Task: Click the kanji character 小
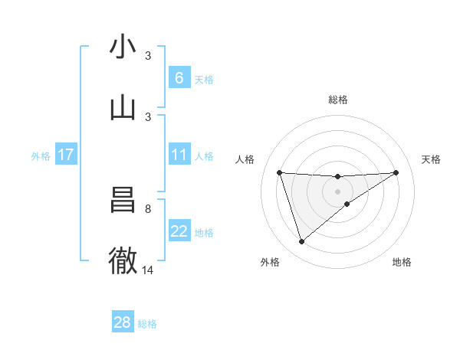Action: (123, 47)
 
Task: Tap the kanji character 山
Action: (123, 107)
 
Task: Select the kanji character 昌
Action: (123, 200)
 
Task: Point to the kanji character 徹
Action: (123, 260)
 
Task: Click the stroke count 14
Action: (148, 270)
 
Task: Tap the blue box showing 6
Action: (179, 78)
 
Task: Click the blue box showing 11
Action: (179, 155)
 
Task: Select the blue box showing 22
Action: (179, 231)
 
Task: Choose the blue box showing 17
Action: (66, 155)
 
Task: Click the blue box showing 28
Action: (123, 322)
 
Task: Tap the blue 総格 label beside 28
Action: (147, 324)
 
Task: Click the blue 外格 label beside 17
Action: (41, 156)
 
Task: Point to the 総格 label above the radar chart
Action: (338, 100)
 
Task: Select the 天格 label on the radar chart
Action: (432, 159)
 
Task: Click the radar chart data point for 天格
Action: (396, 172)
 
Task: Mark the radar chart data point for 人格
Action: (280, 172)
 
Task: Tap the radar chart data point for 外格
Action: (301, 241)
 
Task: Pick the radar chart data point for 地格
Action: (347, 204)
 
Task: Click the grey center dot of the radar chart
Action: (338, 191)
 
